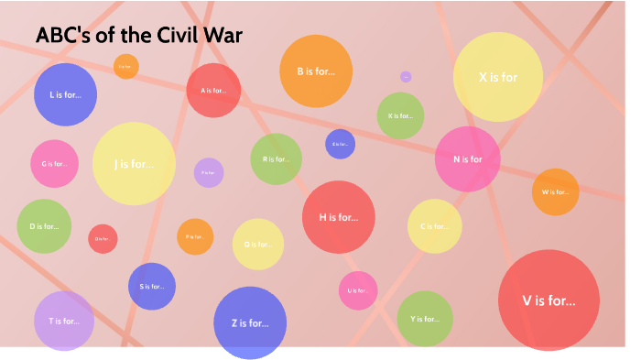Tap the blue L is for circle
pos(65,94)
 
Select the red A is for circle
pos(213,91)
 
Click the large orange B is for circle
pos(316,71)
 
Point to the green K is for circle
pos(400,116)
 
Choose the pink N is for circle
pos(467,158)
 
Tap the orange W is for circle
pos(555,192)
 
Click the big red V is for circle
pos(549,300)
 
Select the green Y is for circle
pos(424,319)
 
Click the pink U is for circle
pos(358,290)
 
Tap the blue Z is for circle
pos(250,322)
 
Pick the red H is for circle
pos(339,217)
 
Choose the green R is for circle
pos(276,158)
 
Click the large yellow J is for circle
pos(134,164)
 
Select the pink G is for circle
pos(54,164)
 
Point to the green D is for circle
pos(44,225)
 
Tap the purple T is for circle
pos(64,321)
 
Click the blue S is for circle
pos(152,286)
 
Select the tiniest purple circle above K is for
pos(406,77)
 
